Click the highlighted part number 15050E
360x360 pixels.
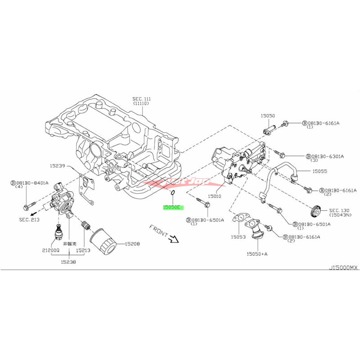tap(171, 207)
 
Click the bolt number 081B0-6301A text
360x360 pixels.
tap(325, 156)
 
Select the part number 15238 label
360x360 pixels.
tap(70, 261)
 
